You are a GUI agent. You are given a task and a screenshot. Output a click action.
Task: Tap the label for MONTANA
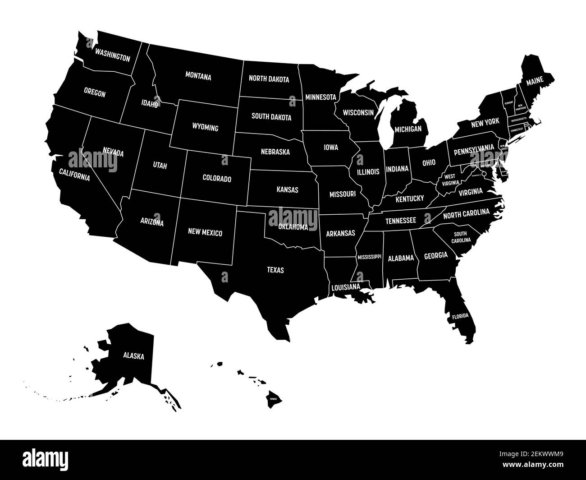(198, 77)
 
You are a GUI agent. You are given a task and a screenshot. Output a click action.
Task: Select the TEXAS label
(275, 270)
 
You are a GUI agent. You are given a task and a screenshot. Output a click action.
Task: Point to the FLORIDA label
(460, 316)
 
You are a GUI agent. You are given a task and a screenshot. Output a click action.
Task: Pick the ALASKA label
(134, 356)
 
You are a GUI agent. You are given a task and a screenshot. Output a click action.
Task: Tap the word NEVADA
(113, 152)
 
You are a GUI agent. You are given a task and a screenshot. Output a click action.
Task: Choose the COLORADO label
(217, 179)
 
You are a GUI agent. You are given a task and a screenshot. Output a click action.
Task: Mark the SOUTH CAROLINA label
(460, 237)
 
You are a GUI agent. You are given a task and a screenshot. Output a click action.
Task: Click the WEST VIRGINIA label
(451, 180)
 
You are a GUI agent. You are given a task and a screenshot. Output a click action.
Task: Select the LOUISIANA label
(346, 286)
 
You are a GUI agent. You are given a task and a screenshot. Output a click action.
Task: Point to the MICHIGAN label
(408, 129)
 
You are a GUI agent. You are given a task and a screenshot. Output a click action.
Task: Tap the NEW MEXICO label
(205, 233)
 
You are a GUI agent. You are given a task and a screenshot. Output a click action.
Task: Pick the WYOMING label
(206, 128)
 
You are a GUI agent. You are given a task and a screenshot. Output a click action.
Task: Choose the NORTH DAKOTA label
(269, 79)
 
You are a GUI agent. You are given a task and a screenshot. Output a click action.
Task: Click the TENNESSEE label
(400, 221)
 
